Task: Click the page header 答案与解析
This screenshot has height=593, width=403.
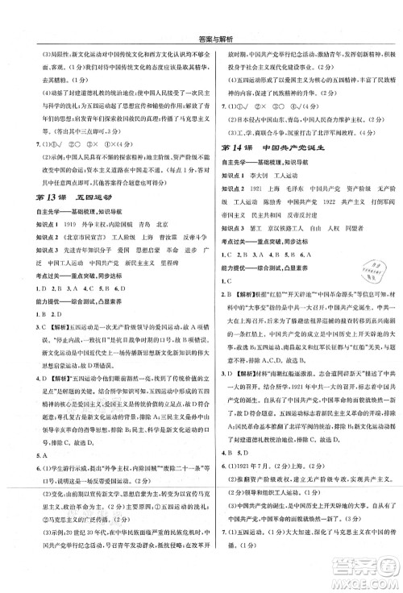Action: pos(202,15)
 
